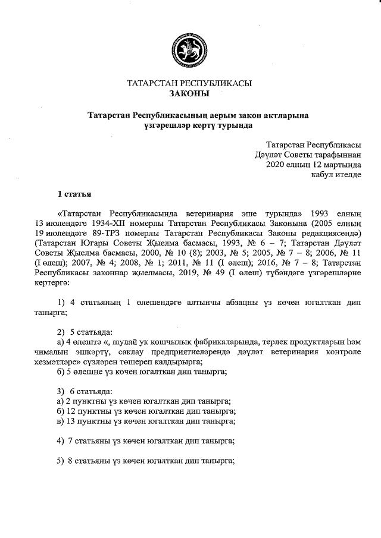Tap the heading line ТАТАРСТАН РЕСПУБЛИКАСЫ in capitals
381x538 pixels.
(x=189, y=83)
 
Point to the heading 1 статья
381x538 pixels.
(x=74, y=193)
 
